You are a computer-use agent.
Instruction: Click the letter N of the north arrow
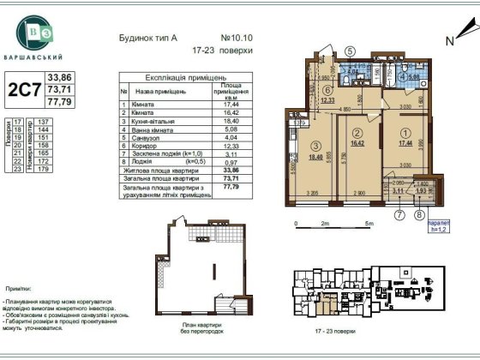pyautogui.click(x=448, y=39)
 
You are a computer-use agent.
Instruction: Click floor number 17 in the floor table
pyautogui.click(x=18, y=123)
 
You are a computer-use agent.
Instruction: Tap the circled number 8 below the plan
pyautogui.click(x=419, y=204)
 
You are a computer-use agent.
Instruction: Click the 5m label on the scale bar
pyautogui.click(x=367, y=223)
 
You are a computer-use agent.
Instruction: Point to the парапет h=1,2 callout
pyautogui.click(x=429, y=226)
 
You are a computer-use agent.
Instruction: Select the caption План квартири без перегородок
pyautogui.click(x=202, y=328)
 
